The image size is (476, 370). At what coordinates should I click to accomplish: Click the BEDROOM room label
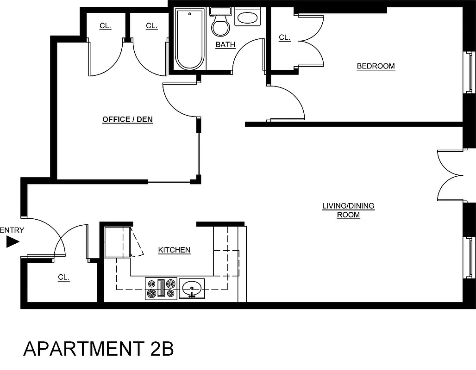point(376,66)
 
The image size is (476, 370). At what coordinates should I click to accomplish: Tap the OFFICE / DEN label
point(127,119)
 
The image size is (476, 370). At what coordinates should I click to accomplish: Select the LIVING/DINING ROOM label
point(348,210)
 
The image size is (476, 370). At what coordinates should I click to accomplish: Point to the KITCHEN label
point(174,250)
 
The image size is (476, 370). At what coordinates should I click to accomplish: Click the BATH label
point(225,45)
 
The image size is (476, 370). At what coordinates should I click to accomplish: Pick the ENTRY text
point(12,230)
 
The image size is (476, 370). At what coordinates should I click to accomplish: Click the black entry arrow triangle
point(12,241)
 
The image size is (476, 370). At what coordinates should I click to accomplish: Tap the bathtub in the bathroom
point(189,40)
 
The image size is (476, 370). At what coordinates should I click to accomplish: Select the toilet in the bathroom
point(220,23)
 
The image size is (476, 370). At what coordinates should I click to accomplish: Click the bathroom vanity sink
point(249,18)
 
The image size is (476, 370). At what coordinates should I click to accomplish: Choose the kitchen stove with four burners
point(161,288)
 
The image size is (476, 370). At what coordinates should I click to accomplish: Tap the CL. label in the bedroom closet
point(284,38)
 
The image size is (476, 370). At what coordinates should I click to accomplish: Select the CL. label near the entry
point(63,277)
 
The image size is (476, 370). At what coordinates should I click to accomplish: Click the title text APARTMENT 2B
point(98,349)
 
